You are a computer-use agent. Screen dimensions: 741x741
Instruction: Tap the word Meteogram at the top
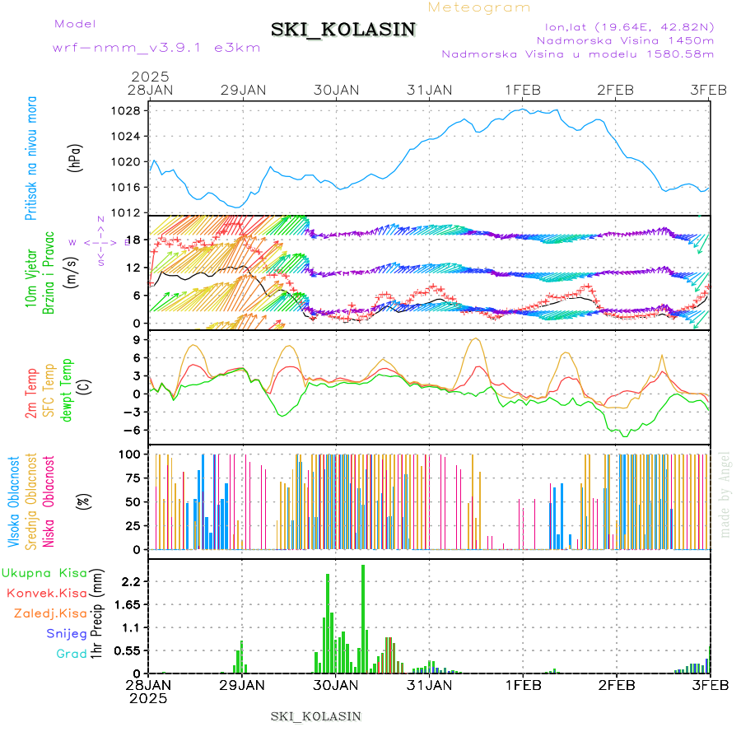479,7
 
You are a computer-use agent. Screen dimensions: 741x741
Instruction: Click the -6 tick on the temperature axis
133,430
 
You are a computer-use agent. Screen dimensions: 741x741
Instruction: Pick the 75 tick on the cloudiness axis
133,478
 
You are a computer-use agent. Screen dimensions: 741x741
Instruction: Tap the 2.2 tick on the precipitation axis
131,581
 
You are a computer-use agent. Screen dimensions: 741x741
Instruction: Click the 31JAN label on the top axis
430,90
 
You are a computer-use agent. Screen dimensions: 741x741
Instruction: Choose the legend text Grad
71,654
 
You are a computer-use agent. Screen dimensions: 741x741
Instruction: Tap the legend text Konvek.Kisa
47,593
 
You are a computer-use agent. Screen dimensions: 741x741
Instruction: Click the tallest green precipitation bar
363,617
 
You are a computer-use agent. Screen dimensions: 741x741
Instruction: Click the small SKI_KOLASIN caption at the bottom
316,716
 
